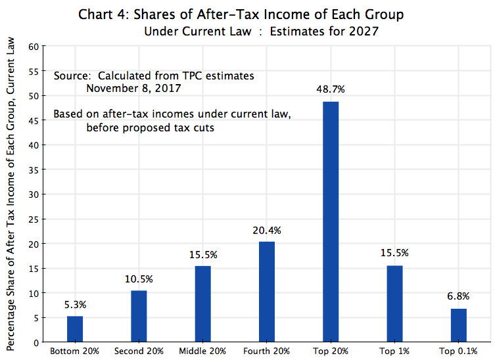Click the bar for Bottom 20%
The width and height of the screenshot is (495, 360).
pos(75,329)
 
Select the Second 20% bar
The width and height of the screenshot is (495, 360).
pos(139,316)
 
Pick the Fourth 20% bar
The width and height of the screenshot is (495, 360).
pos(266,292)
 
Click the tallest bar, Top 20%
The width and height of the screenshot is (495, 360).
pos(331,221)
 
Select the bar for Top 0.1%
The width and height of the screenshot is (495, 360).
pos(458,325)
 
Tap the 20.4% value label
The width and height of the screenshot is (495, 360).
pos(267,230)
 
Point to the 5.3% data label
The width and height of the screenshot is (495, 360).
pos(75,305)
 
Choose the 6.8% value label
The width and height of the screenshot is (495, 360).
pos(458,297)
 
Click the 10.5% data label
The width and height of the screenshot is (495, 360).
pos(139,279)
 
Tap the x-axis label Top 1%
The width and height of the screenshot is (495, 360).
pos(394,351)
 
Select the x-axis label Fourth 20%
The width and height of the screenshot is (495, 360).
pos(266,351)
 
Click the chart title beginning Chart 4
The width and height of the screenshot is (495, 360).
pos(241,14)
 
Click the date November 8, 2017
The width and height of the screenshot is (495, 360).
pos(134,88)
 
